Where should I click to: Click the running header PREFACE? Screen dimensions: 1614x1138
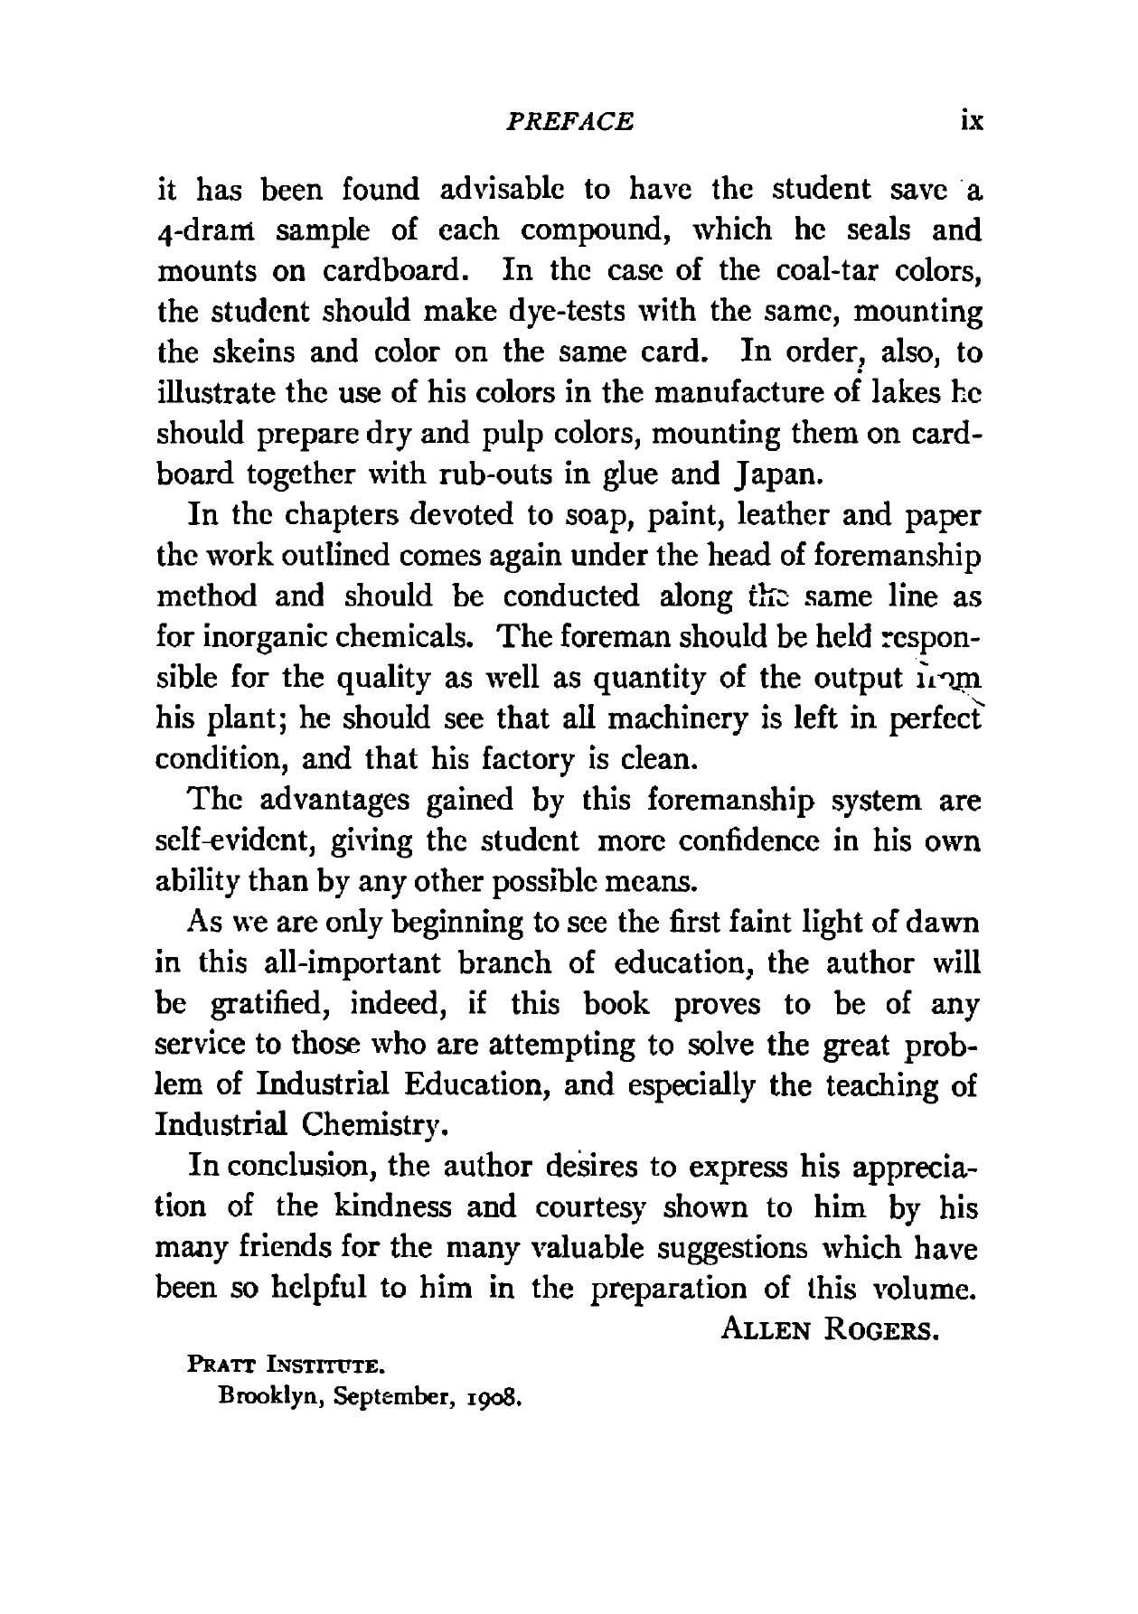coord(569,121)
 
